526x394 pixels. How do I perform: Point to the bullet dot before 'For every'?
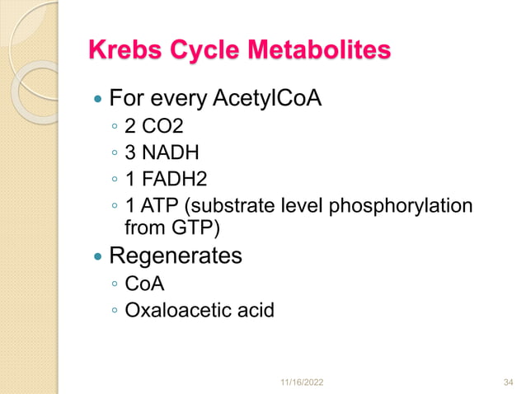(98, 101)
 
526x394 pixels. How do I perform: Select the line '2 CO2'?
(151, 129)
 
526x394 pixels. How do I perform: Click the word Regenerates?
(176, 256)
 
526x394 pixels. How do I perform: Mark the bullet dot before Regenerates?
(98, 257)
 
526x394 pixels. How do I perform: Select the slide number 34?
(508, 383)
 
